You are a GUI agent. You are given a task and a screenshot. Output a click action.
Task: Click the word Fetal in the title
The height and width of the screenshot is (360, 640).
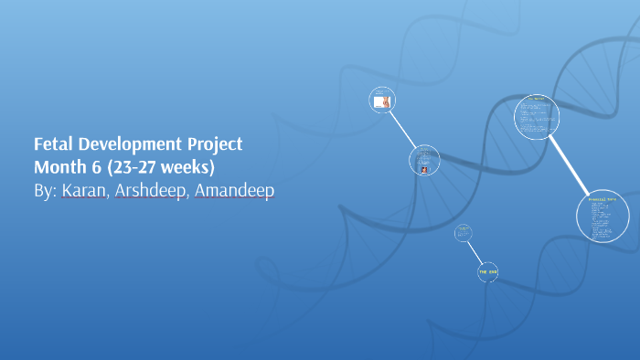tap(53, 144)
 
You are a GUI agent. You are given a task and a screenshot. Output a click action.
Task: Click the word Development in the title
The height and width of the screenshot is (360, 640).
tap(133, 144)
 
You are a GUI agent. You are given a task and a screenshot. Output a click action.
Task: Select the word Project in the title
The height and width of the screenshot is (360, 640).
tap(217, 144)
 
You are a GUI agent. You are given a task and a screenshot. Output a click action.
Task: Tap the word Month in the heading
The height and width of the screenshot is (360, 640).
tap(59, 168)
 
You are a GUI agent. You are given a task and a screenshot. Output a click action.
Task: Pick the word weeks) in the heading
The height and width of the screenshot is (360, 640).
tap(189, 168)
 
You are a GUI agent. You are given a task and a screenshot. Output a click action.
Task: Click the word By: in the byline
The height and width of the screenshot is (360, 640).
tap(45, 192)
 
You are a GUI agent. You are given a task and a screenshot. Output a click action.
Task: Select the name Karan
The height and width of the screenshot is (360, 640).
tap(83, 192)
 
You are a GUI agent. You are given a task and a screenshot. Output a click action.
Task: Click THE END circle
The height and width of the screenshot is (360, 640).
tap(488, 271)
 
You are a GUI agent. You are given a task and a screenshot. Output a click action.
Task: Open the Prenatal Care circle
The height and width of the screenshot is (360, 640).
tap(603, 217)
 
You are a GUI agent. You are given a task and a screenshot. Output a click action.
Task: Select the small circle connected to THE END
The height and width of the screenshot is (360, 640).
tap(464, 233)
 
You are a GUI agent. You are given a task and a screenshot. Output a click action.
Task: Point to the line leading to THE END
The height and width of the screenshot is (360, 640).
tap(475, 252)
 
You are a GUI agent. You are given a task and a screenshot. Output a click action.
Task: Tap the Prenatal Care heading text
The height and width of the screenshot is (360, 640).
tap(603, 198)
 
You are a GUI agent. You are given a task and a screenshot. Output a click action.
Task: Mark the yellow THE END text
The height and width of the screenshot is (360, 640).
tap(488, 271)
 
